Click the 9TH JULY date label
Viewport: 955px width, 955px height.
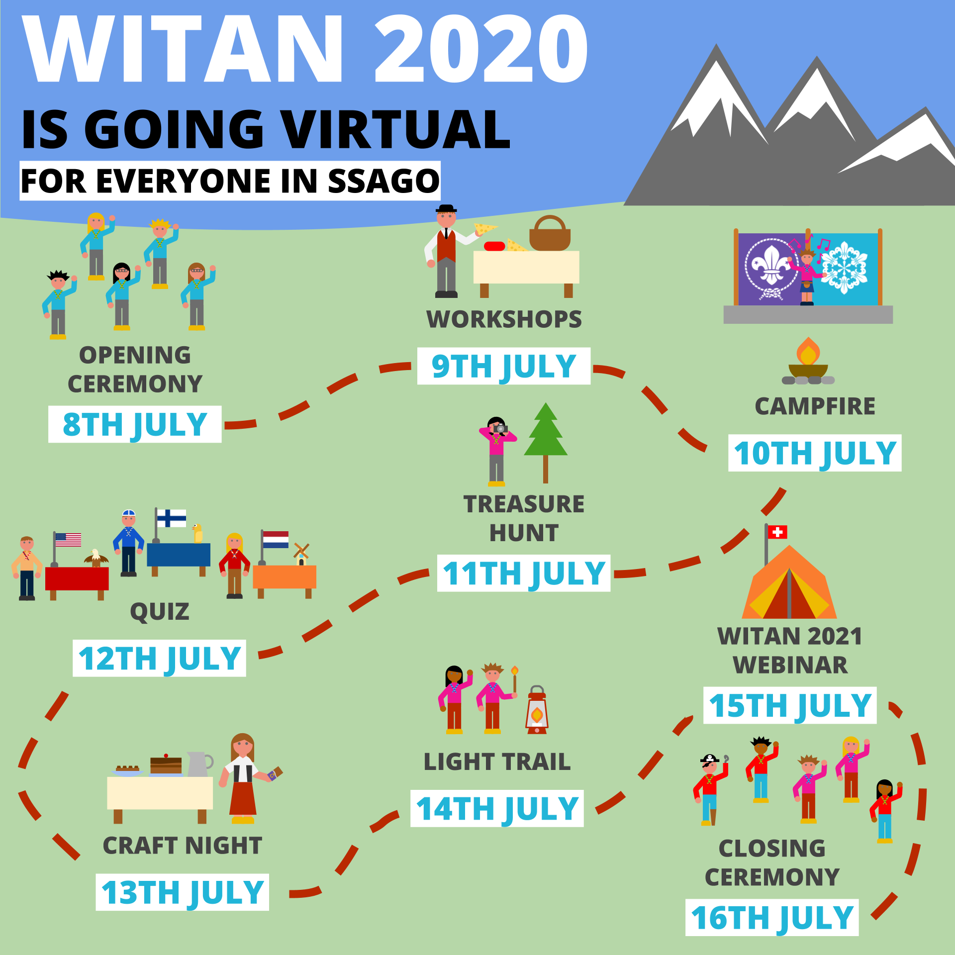point(504,366)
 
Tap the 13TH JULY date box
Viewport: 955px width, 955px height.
point(182,892)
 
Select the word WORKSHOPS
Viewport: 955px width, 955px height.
point(504,319)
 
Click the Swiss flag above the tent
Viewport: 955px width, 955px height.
point(777,532)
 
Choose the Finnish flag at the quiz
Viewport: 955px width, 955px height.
point(171,518)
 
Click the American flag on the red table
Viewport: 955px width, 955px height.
point(68,540)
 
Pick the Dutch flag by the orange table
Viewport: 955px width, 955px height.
point(276,540)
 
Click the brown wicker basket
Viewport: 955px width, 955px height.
point(550,233)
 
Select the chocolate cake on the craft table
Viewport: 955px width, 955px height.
point(166,764)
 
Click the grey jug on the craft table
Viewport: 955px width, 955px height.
point(199,764)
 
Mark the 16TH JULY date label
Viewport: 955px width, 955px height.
point(772,918)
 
